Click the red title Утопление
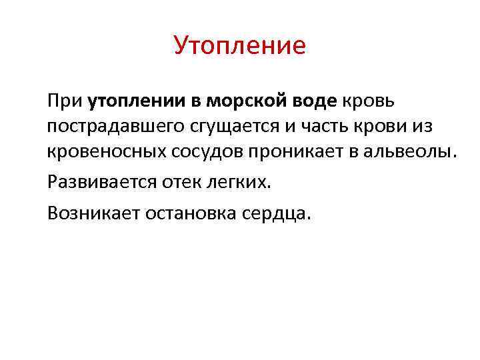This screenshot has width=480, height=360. pos(239,45)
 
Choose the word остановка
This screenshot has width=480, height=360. pos(191,213)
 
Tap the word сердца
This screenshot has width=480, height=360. pos(278,214)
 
